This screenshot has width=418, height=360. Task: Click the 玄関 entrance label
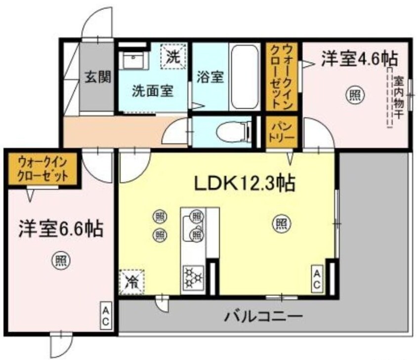coord(96,78)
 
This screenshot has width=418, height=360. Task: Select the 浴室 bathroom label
coord(211,78)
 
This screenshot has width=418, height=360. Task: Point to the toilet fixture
coord(233,132)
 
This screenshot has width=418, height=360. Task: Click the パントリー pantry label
coord(282,132)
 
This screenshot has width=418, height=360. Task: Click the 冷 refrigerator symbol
coord(132,282)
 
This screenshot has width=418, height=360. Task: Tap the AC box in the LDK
coord(317,279)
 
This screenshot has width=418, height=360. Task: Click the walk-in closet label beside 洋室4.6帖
coord(282,77)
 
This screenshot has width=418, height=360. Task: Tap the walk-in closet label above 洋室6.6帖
coord(42,168)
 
